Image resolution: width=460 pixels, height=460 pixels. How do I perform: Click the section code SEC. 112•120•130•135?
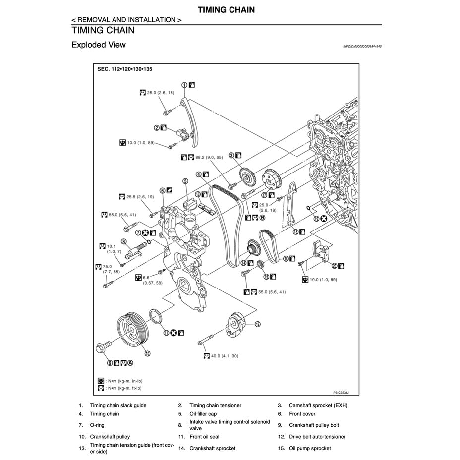(x=124, y=69)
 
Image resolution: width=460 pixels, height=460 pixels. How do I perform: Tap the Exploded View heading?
(x=99, y=45)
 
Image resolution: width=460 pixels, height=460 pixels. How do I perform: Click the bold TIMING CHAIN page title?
(x=226, y=9)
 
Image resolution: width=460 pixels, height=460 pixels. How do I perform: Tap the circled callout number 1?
(x=184, y=85)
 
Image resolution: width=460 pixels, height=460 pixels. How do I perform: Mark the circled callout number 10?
(x=147, y=353)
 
